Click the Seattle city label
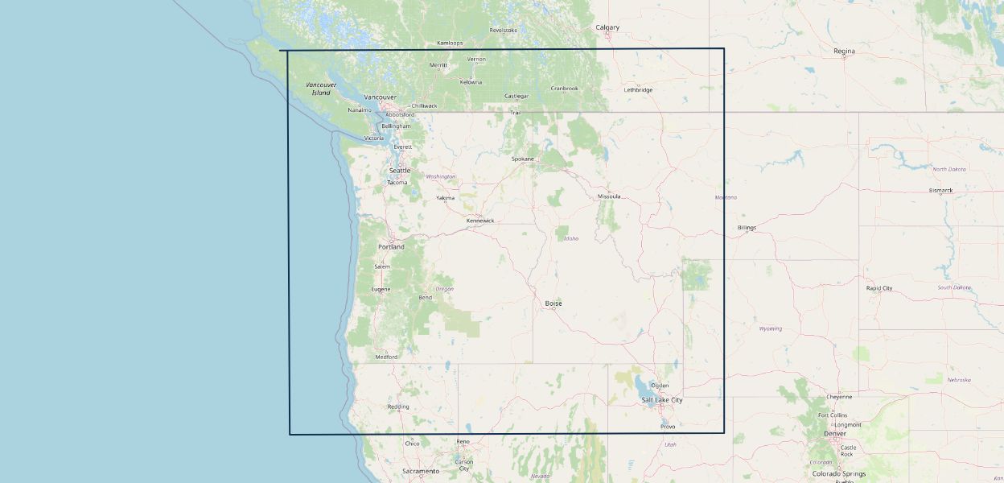tap(400, 171)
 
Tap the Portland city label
tap(392, 246)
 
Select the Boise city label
tap(553, 303)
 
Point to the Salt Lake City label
tap(661, 400)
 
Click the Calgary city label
tap(607, 27)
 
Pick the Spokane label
tap(523, 159)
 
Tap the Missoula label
tap(609, 196)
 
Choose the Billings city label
tap(747, 228)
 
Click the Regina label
tap(844, 51)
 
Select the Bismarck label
tap(940, 191)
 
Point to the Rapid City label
tap(879, 288)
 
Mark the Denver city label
tap(835, 433)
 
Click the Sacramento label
tap(421, 471)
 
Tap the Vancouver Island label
tap(321, 89)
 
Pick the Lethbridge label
tap(638, 90)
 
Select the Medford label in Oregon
tap(386, 357)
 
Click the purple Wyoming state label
tap(770, 328)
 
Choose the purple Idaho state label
tap(571, 238)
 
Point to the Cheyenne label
tap(838, 397)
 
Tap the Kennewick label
tap(480, 221)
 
